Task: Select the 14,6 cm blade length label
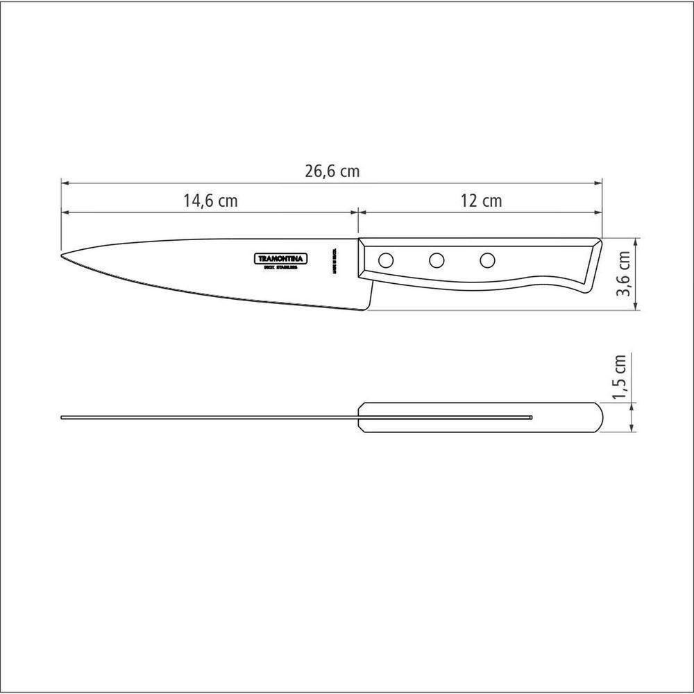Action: [x=210, y=201]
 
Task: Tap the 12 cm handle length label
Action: [x=480, y=201]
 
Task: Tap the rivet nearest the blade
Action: [x=385, y=261]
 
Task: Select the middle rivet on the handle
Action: [x=437, y=261]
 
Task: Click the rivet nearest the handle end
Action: [x=488, y=261]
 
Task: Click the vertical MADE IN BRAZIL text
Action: [x=334, y=260]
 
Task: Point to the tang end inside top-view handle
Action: [x=532, y=418]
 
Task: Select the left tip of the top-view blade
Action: [x=62, y=418]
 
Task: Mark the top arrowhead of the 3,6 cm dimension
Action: [x=636, y=241]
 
